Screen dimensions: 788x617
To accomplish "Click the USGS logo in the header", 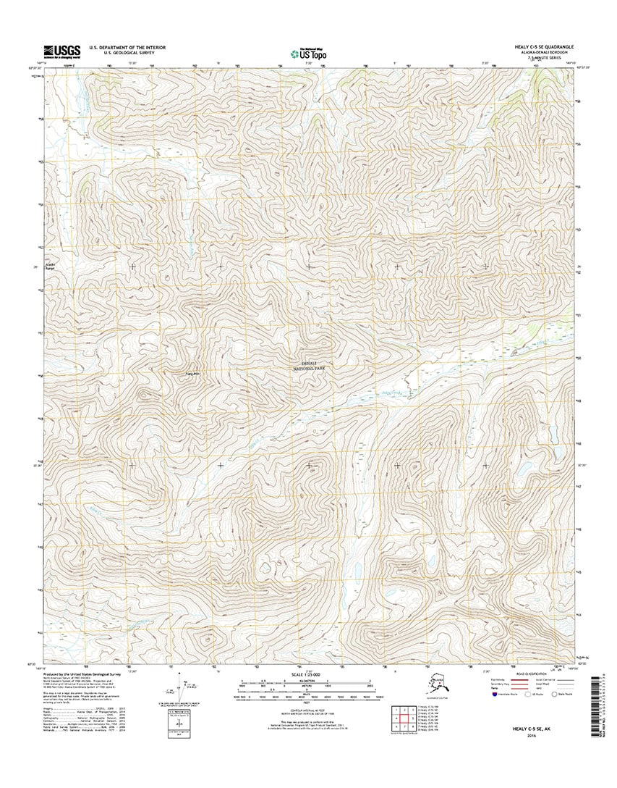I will tap(61, 51).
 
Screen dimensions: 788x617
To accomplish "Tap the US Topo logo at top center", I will tap(308, 52).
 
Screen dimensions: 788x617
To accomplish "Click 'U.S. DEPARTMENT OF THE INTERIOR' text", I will tap(127, 47).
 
